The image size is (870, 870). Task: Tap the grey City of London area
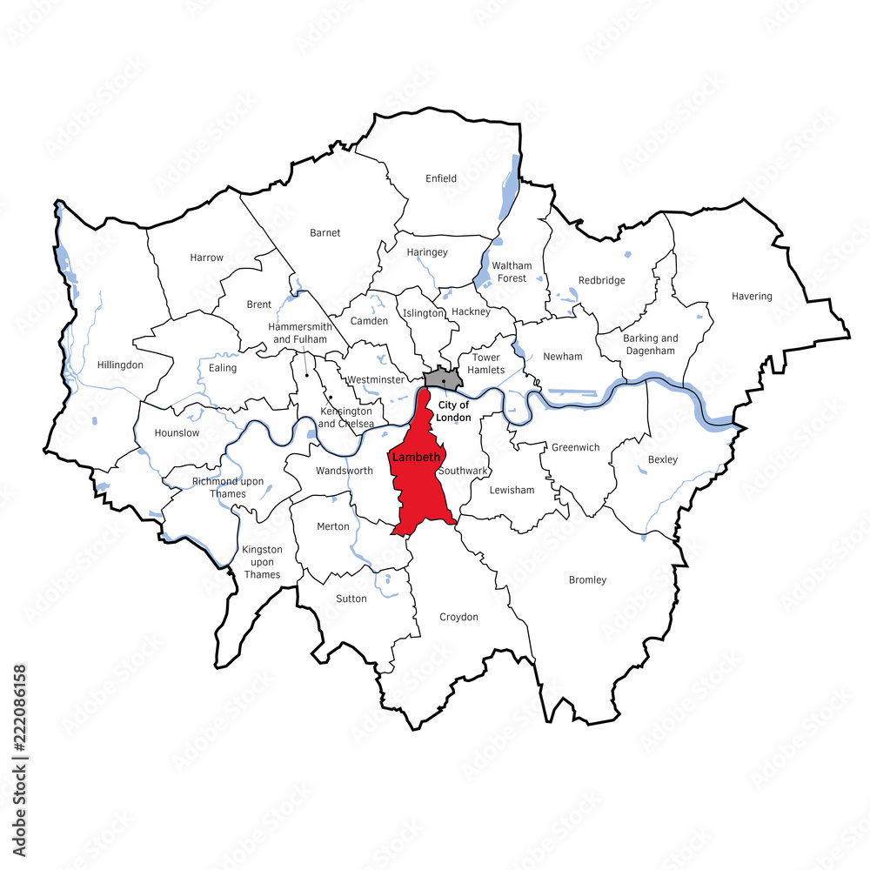click(x=442, y=379)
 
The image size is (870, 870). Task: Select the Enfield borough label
click(x=441, y=178)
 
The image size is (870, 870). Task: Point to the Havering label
click(x=752, y=296)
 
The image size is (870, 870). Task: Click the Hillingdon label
click(x=120, y=365)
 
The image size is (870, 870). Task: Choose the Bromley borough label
click(x=587, y=579)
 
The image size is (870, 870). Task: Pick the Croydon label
click(x=458, y=617)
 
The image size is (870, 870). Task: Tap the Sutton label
click(x=351, y=599)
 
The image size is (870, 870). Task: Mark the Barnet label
click(x=325, y=232)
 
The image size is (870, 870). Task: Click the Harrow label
click(x=206, y=258)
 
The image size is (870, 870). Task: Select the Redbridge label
click(x=602, y=280)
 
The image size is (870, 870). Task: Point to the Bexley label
click(x=662, y=458)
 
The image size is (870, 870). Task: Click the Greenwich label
click(x=575, y=447)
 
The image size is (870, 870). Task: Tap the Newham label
click(x=562, y=356)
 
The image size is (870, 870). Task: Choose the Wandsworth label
click(x=345, y=471)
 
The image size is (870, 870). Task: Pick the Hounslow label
click(x=177, y=432)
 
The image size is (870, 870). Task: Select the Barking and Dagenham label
click(x=650, y=344)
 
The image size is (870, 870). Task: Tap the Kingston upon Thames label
click(x=262, y=561)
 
